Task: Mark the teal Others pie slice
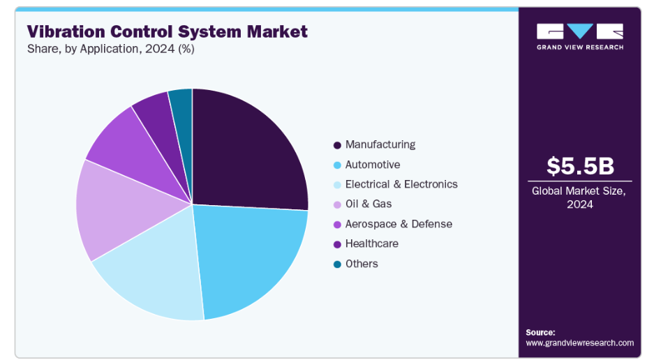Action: (x=181, y=105)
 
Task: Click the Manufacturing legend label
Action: (x=380, y=144)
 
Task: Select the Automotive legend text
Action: (x=373, y=165)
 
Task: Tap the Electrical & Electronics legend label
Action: (x=401, y=184)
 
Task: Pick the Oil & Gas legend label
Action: (x=369, y=204)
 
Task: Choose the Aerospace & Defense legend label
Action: (x=399, y=224)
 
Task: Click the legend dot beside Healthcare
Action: (x=338, y=244)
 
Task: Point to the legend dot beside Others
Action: (x=338, y=264)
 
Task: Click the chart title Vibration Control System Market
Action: (x=168, y=31)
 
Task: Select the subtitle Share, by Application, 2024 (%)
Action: (x=111, y=49)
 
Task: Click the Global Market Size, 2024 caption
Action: (x=580, y=197)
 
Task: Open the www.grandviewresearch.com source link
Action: (x=579, y=343)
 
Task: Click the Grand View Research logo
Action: (x=579, y=36)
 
